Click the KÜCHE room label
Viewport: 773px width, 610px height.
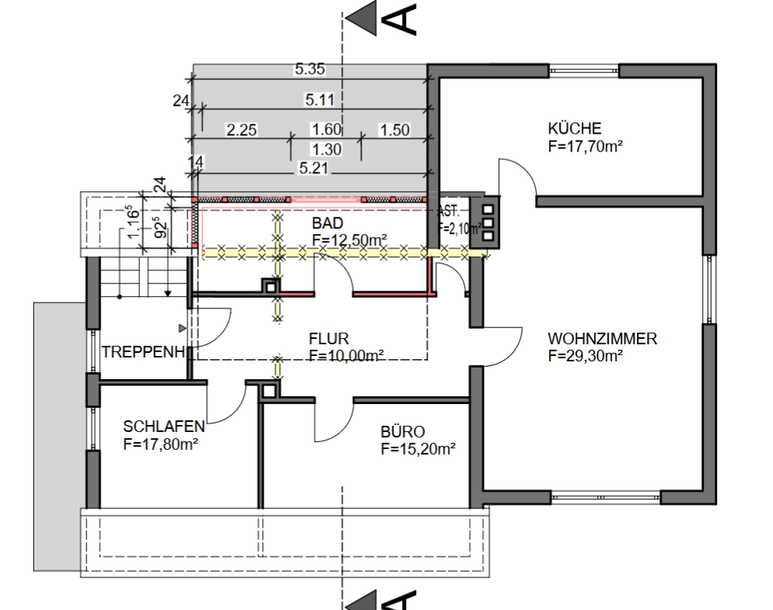[x=575, y=128]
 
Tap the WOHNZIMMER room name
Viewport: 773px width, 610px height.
[x=602, y=339]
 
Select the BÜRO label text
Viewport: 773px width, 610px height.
[x=402, y=431]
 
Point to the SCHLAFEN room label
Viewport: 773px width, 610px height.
[x=163, y=426]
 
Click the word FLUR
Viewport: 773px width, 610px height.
[x=329, y=339]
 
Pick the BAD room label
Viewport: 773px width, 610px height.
[x=327, y=223]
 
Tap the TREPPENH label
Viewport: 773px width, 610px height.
[x=143, y=352]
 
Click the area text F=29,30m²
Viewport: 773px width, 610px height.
[x=585, y=356]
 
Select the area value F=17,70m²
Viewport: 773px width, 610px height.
[x=585, y=146]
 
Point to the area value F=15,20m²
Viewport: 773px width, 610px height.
[x=418, y=449]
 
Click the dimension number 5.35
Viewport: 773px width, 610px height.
[x=310, y=69]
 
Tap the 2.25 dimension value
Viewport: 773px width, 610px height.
[x=242, y=130]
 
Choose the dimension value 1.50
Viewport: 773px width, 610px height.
[x=394, y=130]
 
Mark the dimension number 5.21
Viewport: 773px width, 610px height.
[x=313, y=168]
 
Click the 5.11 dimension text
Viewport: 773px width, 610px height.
[x=320, y=100]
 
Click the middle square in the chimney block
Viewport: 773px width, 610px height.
[x=488, y=223]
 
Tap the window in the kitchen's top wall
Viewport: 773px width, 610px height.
[x=584, y=71]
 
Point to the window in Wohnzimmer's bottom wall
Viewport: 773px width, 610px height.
[x=605, y=497]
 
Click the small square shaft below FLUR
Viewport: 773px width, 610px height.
[x=269, y=391]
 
